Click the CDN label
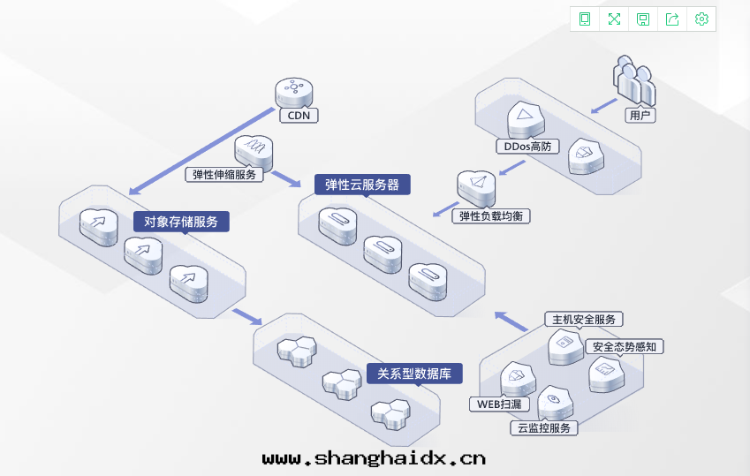point(299,115)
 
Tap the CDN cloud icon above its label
point(294,92)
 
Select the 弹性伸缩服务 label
point(225,174)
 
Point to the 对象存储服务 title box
point(181,221)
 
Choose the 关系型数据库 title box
point(414,374)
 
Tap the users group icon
point(634,81)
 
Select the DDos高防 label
point(527,146)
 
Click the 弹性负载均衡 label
point(496,215)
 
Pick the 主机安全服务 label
point(584,319)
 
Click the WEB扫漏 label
point(499,404)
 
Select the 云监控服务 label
point(544,427)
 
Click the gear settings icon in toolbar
point(701,19)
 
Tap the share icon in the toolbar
point(672,19)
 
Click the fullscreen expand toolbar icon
point(614,19)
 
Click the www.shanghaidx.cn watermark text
point(374,458)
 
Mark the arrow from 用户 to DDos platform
point(603,105)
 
